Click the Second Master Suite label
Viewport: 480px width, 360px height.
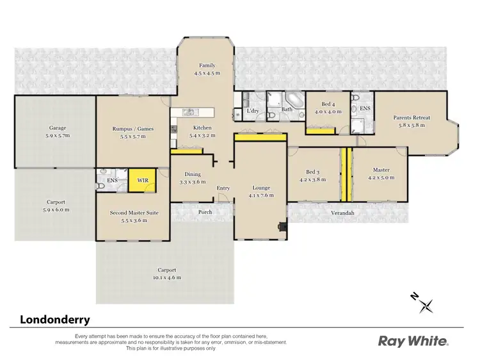pyautogui.click(x=133, y=212)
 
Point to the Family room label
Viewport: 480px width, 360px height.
pyautogui.click(x=207, y=65)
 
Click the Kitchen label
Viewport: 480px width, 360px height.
pyautogui.click(x=202, y=127)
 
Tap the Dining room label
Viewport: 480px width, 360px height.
pyautogui.click(x=193, y=174)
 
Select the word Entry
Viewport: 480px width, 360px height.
pyautogui.click(x=223, y=188)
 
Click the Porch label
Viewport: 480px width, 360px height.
pyautogui.click(x=205, y=213)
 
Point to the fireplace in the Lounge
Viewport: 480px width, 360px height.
pyautogui.click(x=280, y=225)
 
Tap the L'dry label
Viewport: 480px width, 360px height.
pyautogui.click(x=253, y=110)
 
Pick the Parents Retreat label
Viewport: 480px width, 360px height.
pyautogui.click(x=412, y=118)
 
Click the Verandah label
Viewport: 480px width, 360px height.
pyautogui.click(x=342, y=212)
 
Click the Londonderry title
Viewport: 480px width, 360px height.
pyautogui.click(x=55, y=319)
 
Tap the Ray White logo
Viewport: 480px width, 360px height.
pyautogui.click(x=413, y=341)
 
